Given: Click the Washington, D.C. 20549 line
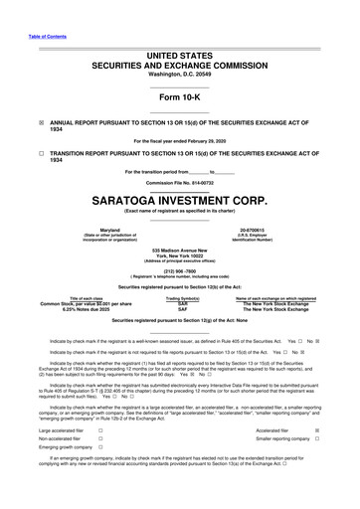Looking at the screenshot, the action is tap(180, 60).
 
